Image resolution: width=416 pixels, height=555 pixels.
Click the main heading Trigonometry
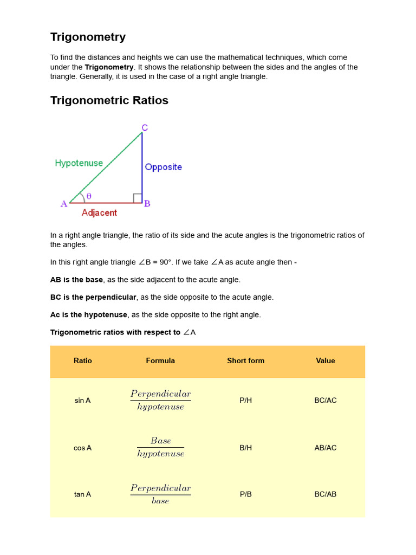point(88,37)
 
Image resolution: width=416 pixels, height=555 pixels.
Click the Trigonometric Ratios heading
point(109,100)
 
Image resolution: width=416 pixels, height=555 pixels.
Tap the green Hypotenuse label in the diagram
point(79,163)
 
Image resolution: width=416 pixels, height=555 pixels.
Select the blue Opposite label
point(163,167)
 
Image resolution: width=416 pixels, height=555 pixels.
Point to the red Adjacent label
point(99,213)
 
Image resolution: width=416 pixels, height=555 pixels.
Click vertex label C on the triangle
point(145,128)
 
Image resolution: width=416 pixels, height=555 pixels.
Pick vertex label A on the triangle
point(64,204)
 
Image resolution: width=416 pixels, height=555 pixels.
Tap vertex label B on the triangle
point(147,204)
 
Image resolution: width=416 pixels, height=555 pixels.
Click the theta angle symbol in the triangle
point(89,196)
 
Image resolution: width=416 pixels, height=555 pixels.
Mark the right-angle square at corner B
point(138,198)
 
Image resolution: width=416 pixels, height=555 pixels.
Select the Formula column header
point(160,360)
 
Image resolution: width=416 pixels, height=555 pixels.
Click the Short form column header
point(245,360)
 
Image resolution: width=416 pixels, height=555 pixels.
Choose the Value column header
point(325,360)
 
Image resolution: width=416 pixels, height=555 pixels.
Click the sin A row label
point(82,401)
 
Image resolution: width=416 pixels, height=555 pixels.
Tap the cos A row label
point(82,448)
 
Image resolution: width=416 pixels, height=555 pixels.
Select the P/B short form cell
point(245,494)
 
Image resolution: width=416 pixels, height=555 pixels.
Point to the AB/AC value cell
point(325,448)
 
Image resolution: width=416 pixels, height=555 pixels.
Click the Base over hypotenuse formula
point(160,447)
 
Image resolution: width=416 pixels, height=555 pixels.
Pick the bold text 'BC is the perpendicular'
point(93,297)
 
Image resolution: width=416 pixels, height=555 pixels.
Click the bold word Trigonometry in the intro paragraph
point(109,67)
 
